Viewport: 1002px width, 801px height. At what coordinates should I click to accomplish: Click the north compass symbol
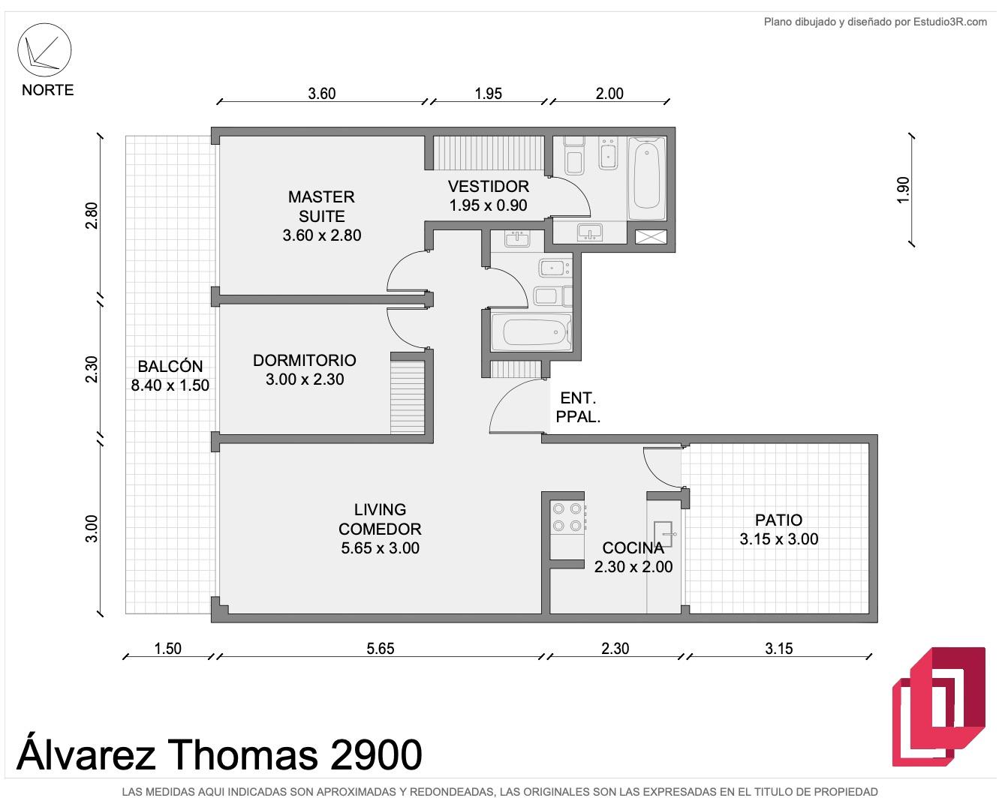click(x=44, y=50)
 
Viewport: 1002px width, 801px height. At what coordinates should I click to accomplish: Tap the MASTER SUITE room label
click(x=321, y=206)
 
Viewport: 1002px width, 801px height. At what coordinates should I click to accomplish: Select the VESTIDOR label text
click(x=489, y=186)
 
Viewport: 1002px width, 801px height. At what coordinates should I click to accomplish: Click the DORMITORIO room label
click(x=305, y=360)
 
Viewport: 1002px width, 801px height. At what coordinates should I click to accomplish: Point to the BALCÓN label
click(x=170, y=366)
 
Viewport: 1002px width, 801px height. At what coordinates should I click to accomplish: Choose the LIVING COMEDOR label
click(x=380, y=519)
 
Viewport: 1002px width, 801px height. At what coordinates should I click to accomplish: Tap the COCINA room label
click(x=633, y=547)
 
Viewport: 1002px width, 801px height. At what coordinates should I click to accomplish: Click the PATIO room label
click(x=778, y=520)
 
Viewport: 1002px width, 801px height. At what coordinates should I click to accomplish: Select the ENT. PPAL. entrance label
click(x=578, y=407)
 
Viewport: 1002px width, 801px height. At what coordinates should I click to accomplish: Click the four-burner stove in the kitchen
click(x=567, y=517)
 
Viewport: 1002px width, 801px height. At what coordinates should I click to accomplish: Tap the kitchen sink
click(x=663, y=534)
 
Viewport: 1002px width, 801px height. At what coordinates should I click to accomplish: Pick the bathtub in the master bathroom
click(x=647, y=178)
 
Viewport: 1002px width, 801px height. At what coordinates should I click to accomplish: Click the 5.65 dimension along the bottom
click(x=380, y=648)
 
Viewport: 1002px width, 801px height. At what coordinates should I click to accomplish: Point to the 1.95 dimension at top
click(x=488, y=94)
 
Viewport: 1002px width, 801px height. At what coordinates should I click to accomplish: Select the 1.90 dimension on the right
click(x=902, y=190)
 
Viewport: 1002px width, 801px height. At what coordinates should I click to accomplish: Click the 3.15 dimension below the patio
click(x=778, y=648)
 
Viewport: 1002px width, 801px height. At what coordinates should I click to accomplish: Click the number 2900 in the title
click(x=376, y=754)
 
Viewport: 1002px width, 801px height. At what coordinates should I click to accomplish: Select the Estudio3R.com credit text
click(x=950, y=22)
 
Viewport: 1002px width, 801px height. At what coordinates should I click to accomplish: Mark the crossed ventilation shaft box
click(x=651, y=237)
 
